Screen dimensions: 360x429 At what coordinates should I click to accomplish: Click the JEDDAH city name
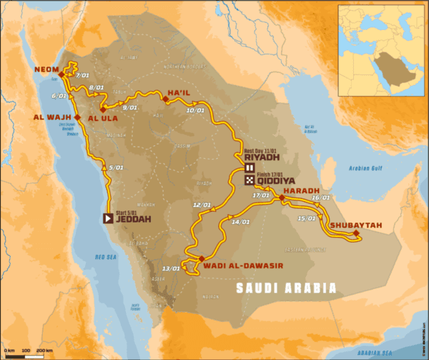point(134,219)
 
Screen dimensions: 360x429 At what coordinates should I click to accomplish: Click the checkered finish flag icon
point(249,180)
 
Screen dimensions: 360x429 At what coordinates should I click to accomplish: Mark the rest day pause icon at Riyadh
point(250,168)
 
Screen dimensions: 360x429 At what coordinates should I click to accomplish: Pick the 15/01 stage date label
point(307,218)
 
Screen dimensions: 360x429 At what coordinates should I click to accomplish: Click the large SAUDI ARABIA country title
point(286,288)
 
